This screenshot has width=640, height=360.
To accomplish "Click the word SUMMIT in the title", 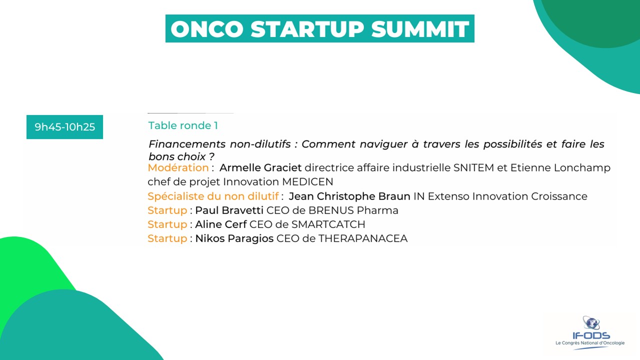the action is (x=420, y=29).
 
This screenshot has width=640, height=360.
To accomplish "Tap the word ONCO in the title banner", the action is (x=207, y=29).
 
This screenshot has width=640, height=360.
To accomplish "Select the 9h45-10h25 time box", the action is (x=64, y=127).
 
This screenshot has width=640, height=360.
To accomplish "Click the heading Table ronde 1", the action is (x=183, y=125).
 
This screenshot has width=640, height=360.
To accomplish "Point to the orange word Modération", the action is (x=178, y=167).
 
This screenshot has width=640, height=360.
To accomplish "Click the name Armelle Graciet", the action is (x=260, y=167).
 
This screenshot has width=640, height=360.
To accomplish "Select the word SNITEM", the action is (x=473, y=167).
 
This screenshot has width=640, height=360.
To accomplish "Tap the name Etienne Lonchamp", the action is (x=560, y=168).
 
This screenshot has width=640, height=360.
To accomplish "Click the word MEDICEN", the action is (x=307, y=181).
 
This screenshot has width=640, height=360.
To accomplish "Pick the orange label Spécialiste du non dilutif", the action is (x=213, y=196).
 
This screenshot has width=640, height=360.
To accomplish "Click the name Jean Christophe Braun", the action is (x=349, y=196).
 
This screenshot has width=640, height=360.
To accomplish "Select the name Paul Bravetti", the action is (x=229, y=210).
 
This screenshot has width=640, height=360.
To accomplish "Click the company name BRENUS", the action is (x=331, y=210).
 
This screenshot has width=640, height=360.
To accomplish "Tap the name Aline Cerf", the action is (x=220, y=224).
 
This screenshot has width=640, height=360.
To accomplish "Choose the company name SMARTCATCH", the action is (x=328, y=224).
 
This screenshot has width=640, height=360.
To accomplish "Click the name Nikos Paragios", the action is (x=234, y=238).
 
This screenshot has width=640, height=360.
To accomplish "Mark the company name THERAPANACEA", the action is (x=363, y=238).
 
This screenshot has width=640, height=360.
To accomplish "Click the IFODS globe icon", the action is (x=591, y=323).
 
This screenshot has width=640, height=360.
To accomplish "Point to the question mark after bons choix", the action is (x=211, y=156).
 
